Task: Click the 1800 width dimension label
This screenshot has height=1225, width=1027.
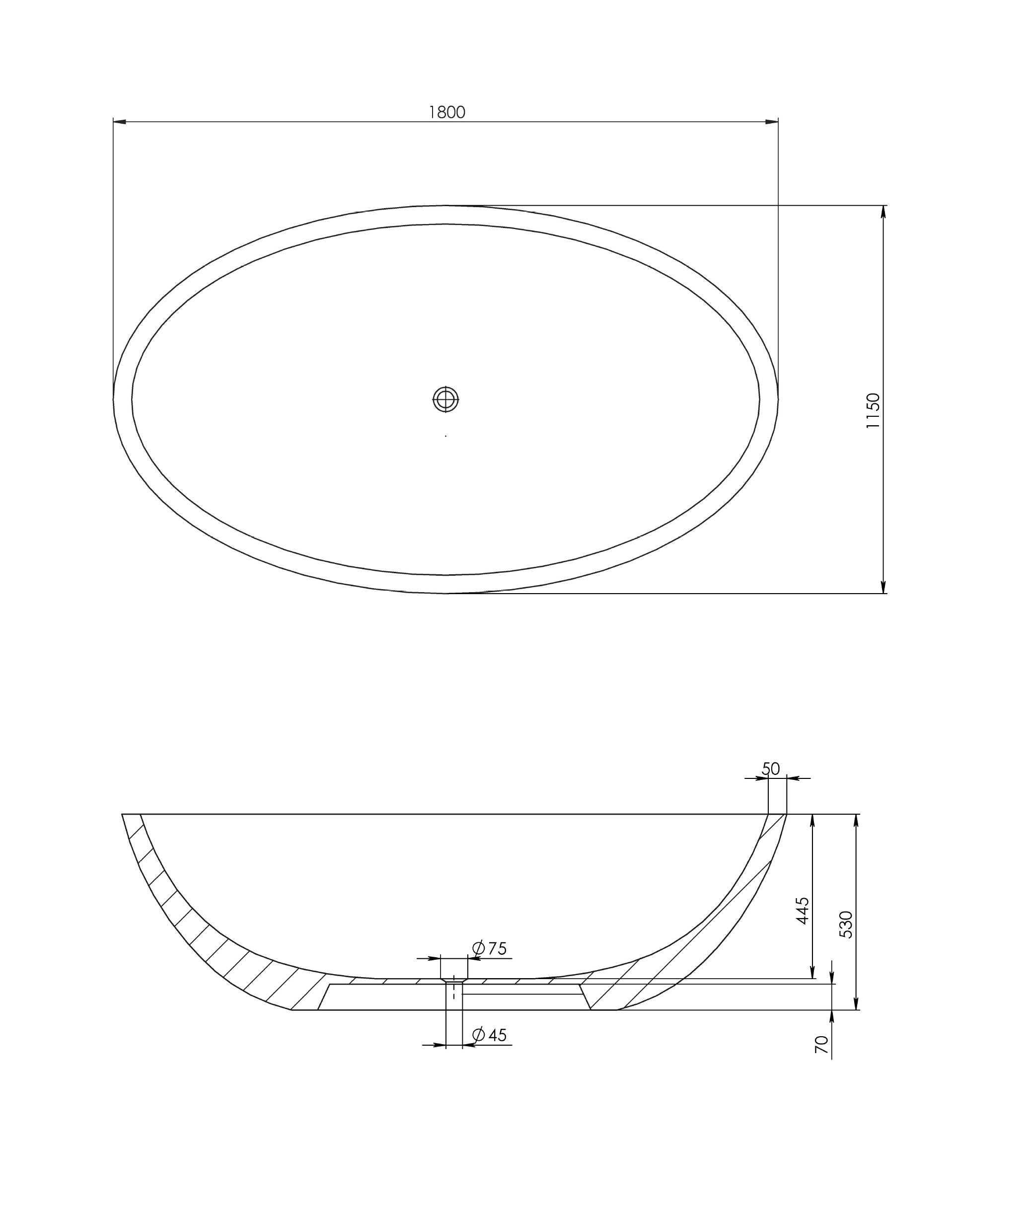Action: point(447,112)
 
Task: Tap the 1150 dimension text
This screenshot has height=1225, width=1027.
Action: point(873,411)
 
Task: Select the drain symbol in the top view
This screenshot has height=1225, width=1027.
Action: point(445,399)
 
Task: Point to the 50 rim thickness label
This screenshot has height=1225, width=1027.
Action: point(770,769)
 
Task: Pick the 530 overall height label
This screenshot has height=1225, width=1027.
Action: point(846,924)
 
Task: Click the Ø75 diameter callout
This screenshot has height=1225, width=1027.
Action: point(489,948)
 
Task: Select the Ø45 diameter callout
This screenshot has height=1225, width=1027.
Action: point(489,1035)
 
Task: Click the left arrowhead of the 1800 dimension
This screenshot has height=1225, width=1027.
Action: point(120,122)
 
